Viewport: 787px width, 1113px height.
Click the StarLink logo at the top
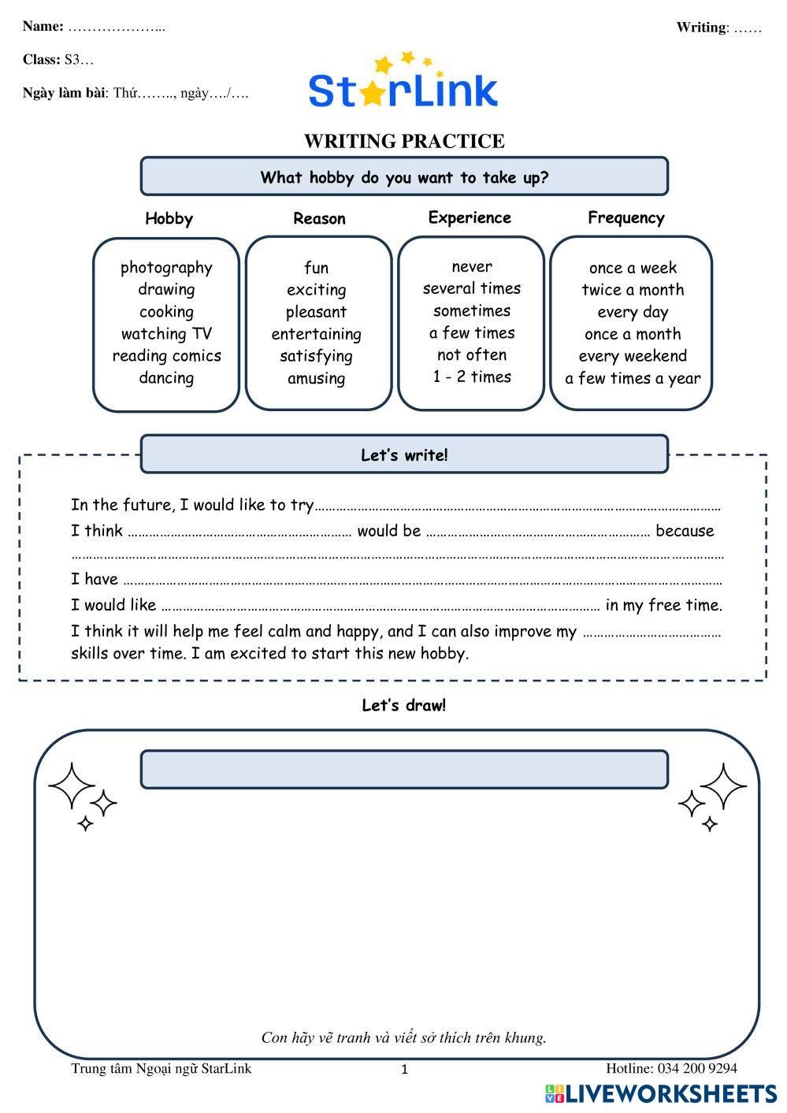(403, 83)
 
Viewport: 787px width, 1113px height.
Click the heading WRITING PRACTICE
(404, 141)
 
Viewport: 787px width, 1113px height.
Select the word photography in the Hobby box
(166, 268)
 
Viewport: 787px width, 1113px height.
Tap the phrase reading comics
(166, 356)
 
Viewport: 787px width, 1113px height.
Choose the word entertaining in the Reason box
(316, 334)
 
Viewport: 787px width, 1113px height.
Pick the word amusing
(316, 378)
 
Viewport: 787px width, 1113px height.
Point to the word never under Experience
(471, 267)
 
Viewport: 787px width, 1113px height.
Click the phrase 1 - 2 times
(471, 377)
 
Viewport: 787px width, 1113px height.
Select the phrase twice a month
(633, 290)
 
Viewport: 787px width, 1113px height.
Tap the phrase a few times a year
(633, 379)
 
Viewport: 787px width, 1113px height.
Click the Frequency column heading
(626, 218)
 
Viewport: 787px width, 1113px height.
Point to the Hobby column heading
(169, 219)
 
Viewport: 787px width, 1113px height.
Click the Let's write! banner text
(404, 455)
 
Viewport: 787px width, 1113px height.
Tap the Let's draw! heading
(403, 706)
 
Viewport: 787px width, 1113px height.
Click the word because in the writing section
(685, 531)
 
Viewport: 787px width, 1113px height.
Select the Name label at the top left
(43, 26)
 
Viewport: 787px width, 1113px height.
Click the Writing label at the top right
(700, 28)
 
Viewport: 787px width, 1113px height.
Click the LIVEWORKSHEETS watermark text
(670, 1093)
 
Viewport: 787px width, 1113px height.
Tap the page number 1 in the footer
(405, 1070)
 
